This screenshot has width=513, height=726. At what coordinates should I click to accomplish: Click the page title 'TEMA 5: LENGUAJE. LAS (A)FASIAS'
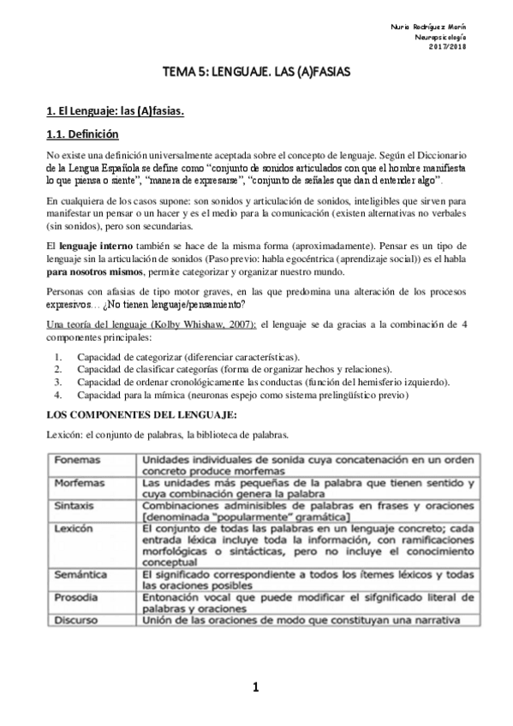click(256, 75)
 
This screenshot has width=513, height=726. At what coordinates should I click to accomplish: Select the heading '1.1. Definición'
click(82, 134)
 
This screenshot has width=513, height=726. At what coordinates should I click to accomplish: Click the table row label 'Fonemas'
click(76, 460)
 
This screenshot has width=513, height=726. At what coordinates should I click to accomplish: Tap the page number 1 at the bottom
click(256, 687)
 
